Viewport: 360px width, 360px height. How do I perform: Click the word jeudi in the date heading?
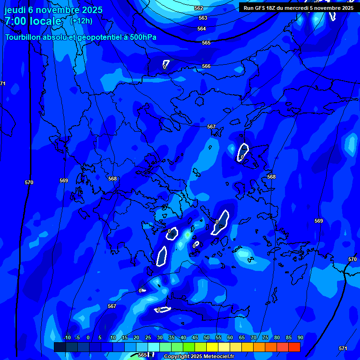[x=16, y=10]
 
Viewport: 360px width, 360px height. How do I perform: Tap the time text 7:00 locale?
[x=33, y=21]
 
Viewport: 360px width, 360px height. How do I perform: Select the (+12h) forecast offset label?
[x=81, y=21]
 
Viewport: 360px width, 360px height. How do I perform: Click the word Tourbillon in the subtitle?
[x=24, y=37]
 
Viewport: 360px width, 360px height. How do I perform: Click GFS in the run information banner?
[x=263, y=8]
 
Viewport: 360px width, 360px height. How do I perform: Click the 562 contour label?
[x=199, y=8]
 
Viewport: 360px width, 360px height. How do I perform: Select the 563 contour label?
[x=202, y=18]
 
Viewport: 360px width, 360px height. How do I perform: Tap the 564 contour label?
[x=202, y=29]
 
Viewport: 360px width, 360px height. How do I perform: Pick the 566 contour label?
[x=206, y=66]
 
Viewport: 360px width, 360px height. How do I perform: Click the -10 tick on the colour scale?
[x=67, y=338]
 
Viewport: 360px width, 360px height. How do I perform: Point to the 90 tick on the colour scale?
[x=300, y=338]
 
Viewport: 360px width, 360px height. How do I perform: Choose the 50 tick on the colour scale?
[x=206, y=338]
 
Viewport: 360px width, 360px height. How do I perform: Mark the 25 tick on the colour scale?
[x=148, y=338]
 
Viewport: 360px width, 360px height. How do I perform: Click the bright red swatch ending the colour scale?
[x=294, y=347]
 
